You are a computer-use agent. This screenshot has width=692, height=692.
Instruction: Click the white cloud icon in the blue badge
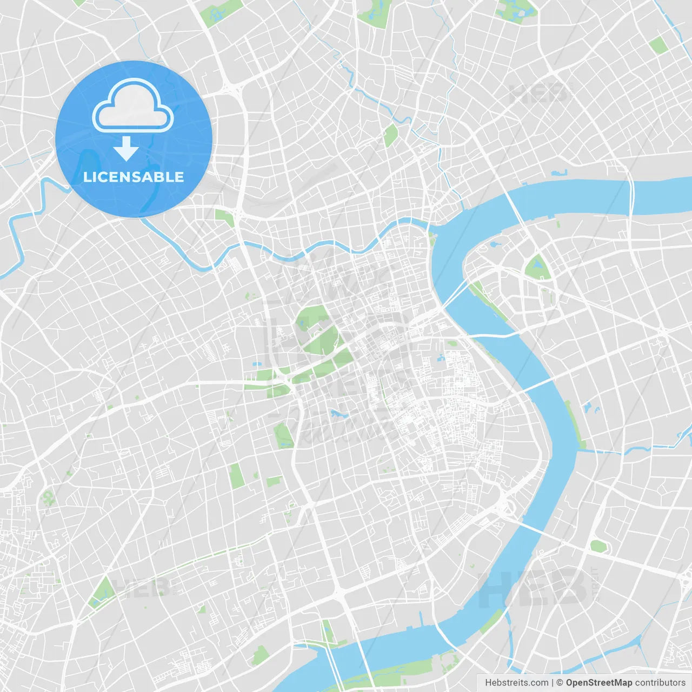pos(133,106)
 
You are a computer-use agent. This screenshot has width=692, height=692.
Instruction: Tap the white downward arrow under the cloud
pos(127,149)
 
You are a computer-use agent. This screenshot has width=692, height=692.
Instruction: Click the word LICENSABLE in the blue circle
pos(134,177)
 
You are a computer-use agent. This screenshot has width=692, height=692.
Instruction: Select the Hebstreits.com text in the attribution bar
pos(516,683)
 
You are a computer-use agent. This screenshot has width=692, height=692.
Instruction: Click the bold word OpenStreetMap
pos(599,683)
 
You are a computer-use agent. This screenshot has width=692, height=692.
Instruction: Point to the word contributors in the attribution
pos(660,683)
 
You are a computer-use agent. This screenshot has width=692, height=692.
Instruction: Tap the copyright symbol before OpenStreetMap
pos(560,683)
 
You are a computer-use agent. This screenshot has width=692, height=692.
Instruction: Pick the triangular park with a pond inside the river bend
pos(537,267)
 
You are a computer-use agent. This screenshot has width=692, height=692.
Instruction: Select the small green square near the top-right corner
pos(658,45)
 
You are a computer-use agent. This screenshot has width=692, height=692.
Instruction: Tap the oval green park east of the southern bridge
pos(598,546)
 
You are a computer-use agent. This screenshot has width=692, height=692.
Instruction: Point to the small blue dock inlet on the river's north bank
pos(558,174)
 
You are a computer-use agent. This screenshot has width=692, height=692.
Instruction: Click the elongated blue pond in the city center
pos(340,415)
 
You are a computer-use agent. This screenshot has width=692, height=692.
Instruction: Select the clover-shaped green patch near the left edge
pos(49,497)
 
